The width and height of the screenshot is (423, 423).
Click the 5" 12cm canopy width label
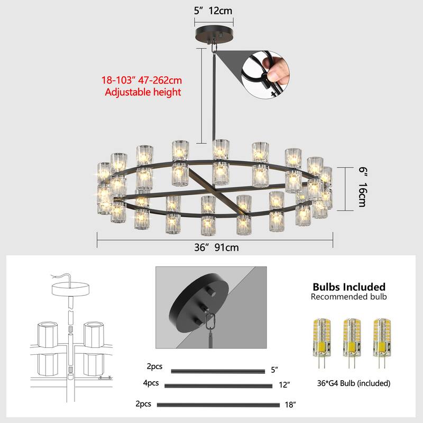pos(214,10)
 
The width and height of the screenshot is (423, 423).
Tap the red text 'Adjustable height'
pos(143,92)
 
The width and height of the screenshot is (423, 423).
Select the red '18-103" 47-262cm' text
pos(142,81)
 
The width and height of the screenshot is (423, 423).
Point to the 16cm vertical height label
pos(362,195)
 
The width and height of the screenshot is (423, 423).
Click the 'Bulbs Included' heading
pos(348,287)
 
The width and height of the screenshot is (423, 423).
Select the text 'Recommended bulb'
pos(348,297)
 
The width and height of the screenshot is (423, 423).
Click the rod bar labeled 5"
pos(218,371)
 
